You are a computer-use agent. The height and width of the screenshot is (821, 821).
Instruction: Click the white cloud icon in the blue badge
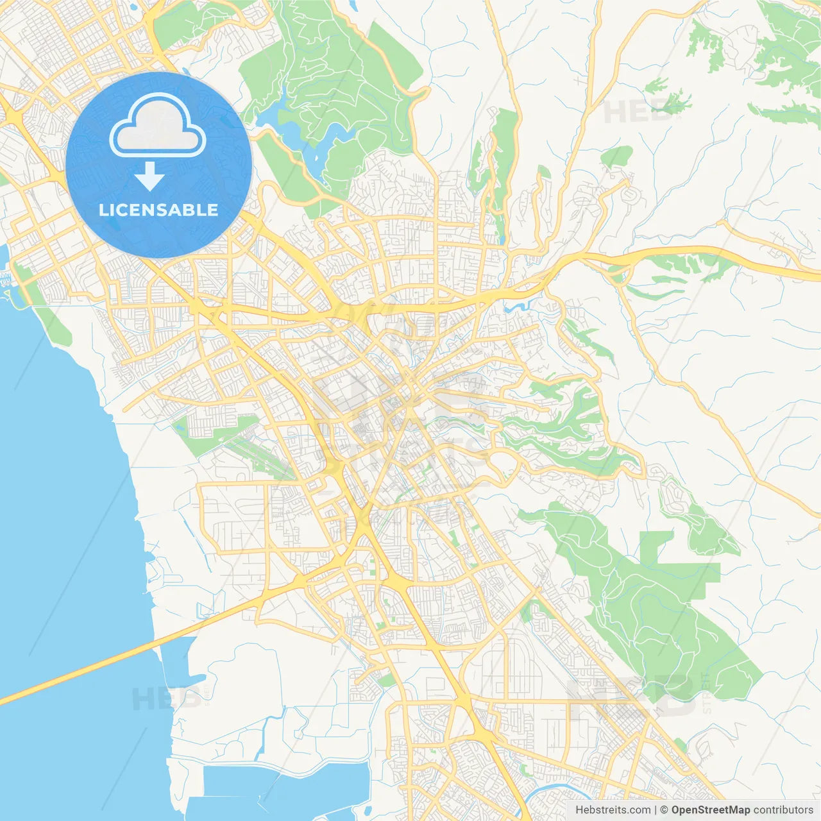pos(158,126)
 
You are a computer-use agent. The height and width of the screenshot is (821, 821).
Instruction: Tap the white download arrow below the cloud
pos(149,176)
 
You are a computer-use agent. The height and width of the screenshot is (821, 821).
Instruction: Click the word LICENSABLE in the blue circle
pos(158,210)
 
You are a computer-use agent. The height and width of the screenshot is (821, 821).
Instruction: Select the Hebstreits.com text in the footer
pos(613,810)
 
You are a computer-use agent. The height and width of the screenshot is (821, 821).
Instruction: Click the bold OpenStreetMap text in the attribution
pos(710,810)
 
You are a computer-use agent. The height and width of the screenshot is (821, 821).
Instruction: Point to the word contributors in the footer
pos(783,810)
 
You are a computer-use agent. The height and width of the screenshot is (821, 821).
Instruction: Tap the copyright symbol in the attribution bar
pos(664,810)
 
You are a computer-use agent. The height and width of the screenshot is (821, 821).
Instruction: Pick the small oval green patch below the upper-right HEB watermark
pos(617,155)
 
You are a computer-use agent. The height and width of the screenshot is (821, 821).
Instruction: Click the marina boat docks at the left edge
pos(6,279)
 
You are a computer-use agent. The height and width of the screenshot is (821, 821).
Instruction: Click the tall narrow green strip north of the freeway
pos(504,160)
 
